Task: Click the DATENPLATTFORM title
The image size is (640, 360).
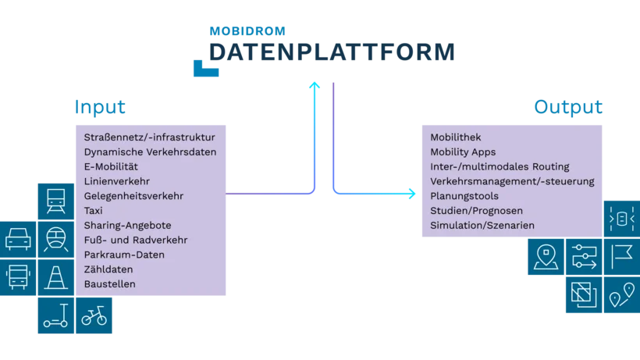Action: click(331, 52)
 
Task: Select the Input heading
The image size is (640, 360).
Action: click(101, 107)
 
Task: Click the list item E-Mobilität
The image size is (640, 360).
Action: click(111, 166)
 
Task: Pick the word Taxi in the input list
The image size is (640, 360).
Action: click(93, 211)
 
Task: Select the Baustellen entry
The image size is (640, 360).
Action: click(109, 284)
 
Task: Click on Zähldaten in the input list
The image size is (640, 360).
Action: click(106, 269)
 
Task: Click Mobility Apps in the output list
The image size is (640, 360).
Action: click(463, 151)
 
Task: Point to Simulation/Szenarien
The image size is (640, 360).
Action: click(482, 226)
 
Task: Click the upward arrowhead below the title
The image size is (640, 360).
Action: click(315, 85)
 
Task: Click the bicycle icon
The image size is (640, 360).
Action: click(94, 316)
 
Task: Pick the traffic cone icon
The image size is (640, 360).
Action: click(55, 276)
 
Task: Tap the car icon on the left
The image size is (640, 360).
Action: click(18, 238)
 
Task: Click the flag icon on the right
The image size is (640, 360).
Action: click(622, 255)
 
